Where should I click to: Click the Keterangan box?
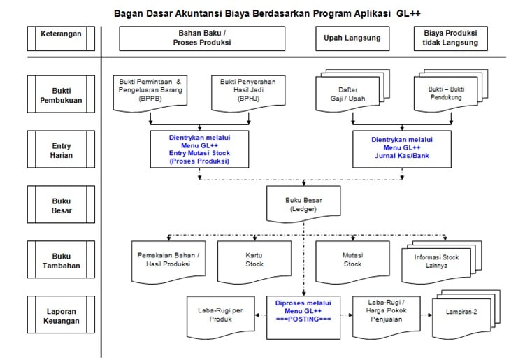coord(61,38)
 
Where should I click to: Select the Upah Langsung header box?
coord(352,38)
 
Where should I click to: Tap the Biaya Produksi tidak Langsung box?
coord(451,38)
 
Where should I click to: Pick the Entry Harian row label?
coord(61,150)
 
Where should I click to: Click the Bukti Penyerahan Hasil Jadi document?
coord(248,93)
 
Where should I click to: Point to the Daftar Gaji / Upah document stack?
coord(352,91)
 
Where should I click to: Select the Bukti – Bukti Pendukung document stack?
coord(451,91)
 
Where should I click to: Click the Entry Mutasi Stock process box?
coord(199,150)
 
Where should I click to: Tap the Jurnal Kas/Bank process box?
coord(402,150)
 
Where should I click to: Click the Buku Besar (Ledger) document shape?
coord(303,204)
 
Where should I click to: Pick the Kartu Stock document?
coord(254,262)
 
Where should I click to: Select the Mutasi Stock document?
coord(352,262)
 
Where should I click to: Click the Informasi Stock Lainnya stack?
coord(441,262)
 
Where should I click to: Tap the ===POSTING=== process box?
coord(303,317)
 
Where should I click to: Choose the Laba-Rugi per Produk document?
coord(220,317)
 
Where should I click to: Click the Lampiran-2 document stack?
coord(466,315)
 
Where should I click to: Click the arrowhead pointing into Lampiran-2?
coord(430,315)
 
